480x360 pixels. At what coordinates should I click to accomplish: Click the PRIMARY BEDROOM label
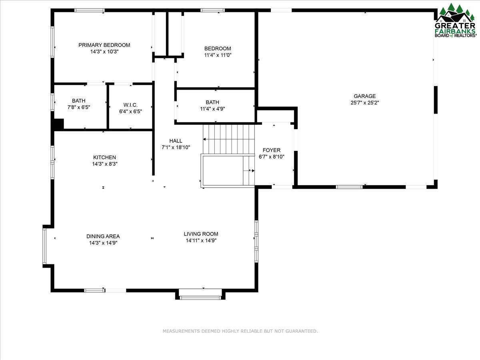(104, 45)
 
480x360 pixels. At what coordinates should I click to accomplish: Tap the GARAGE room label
(364, 96)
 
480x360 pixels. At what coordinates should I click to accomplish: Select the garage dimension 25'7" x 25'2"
(364, 102)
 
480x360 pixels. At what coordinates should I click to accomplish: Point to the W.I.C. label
(130, 105)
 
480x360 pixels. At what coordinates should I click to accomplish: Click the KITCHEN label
(104, 158)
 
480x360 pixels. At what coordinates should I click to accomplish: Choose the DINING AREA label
(103, 236)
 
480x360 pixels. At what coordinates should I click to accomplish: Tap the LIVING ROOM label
(201, 234)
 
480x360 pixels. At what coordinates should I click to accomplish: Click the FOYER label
(271, 150)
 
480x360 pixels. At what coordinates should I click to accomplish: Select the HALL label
(176, 141)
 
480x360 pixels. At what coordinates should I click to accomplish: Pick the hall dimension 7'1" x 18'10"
(176, 147)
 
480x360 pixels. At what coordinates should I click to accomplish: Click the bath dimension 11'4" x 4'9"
(212, 108)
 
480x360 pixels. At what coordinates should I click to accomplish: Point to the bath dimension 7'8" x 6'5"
(78, 107)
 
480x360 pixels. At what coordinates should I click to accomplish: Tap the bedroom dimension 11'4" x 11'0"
(218, 55)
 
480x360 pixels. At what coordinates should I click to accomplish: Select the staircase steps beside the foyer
(228, 138)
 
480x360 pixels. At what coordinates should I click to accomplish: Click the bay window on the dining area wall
(45, 246)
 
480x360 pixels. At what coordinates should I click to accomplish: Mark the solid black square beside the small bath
(58, 124)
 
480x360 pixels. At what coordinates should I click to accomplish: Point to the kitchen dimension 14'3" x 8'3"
(104, 164)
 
